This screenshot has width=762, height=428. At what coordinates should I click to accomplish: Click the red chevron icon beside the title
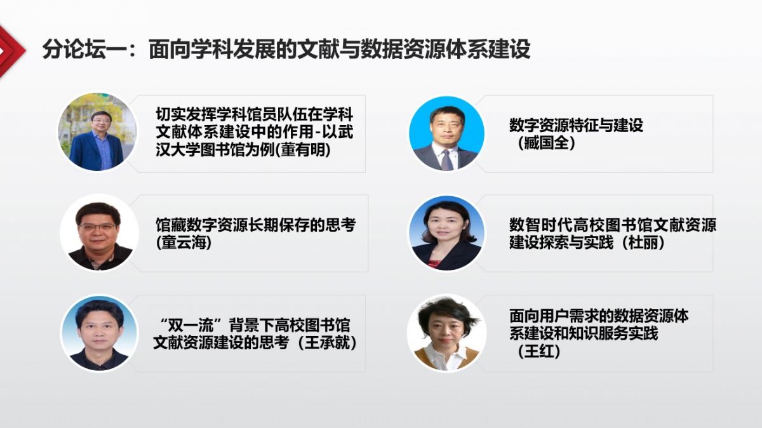pyautogui.click(x=10, y=51)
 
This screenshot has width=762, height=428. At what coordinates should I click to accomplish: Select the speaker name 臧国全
pyautogui.click(x=546, y=143)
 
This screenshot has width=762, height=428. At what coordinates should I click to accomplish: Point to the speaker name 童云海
pyautogui.click(x=184, y=243)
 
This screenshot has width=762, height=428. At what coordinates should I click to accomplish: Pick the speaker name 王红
pyautogui.click(x=539, y=351)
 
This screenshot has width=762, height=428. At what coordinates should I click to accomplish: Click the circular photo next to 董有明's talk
pyautogui.click(x=98, y=132)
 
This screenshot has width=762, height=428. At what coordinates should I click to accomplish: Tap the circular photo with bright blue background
pyautogui.click(x=446, y=133)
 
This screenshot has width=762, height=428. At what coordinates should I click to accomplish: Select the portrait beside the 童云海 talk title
pyautogui.click(x=99, y=232)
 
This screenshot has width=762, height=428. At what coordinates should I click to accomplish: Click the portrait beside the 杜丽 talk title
pyautogui.click(x=446, y=233)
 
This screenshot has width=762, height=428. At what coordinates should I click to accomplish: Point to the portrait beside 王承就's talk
pyautogui.click(x=99, y=333)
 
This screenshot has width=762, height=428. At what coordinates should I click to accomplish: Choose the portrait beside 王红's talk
pyautogui.click(x=446, y=333)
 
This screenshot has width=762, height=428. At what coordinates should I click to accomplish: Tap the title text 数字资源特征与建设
pyautogui.click(x=577, y=125)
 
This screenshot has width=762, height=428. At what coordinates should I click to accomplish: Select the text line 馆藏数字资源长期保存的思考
pyautogui.click(x=256, y=225)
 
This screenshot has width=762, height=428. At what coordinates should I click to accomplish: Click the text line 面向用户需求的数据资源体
pyautogui.click(x=599, y=316)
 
